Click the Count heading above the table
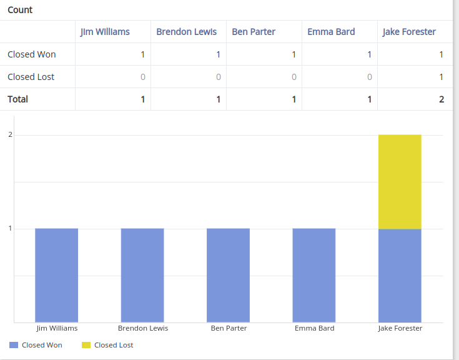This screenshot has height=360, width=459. pos(20,10)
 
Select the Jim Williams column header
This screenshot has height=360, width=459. pos(105,32)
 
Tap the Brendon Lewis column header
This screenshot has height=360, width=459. pos(186,32)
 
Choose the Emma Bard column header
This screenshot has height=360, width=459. pos(331,32)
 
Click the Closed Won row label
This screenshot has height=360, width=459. pos(32,54)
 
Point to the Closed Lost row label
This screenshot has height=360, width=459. pos(31,77)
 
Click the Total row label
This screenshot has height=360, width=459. pos(18,99)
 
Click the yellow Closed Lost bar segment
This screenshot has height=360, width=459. pos(400,181)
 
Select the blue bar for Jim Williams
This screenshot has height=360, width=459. pos(57,275)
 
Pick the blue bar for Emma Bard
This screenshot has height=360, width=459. pos(314,275)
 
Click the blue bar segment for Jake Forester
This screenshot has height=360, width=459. pos(400,275)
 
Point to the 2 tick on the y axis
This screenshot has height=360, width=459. pos(10,135)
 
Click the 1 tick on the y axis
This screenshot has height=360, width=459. pos(10,229)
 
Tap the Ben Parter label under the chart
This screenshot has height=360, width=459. pos(229,328)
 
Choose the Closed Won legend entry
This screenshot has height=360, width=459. pos(36,345)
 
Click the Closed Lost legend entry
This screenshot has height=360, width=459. pos(107,345)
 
